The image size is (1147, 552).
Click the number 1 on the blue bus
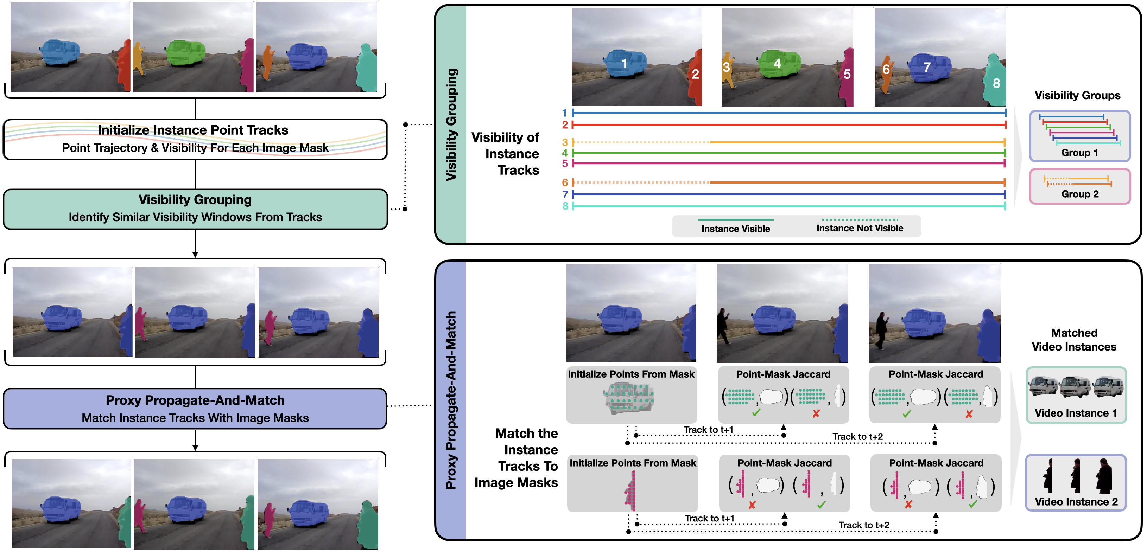[624, 64]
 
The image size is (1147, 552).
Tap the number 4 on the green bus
[777, 64]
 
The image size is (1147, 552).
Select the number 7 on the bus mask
[927, 67]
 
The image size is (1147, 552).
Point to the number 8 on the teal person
[996, 83]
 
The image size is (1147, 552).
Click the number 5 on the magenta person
[847, 74]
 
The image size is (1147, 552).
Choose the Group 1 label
[1079, 153]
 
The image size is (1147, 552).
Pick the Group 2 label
[1080, 194]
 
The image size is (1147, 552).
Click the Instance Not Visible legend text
[859, 228]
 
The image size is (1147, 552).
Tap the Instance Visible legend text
[736, 229]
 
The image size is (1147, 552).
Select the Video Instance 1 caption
[1075, 413]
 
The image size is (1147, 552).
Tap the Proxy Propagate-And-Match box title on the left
[195, 400]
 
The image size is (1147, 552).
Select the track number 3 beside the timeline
[565, 142]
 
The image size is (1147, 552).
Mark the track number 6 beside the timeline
[565, 182]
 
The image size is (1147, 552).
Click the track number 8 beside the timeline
[565, 206]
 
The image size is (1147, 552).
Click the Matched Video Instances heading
[1074, 340]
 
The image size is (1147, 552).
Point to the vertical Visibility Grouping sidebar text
[451, 124]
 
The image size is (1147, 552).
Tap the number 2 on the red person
[695, 74]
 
